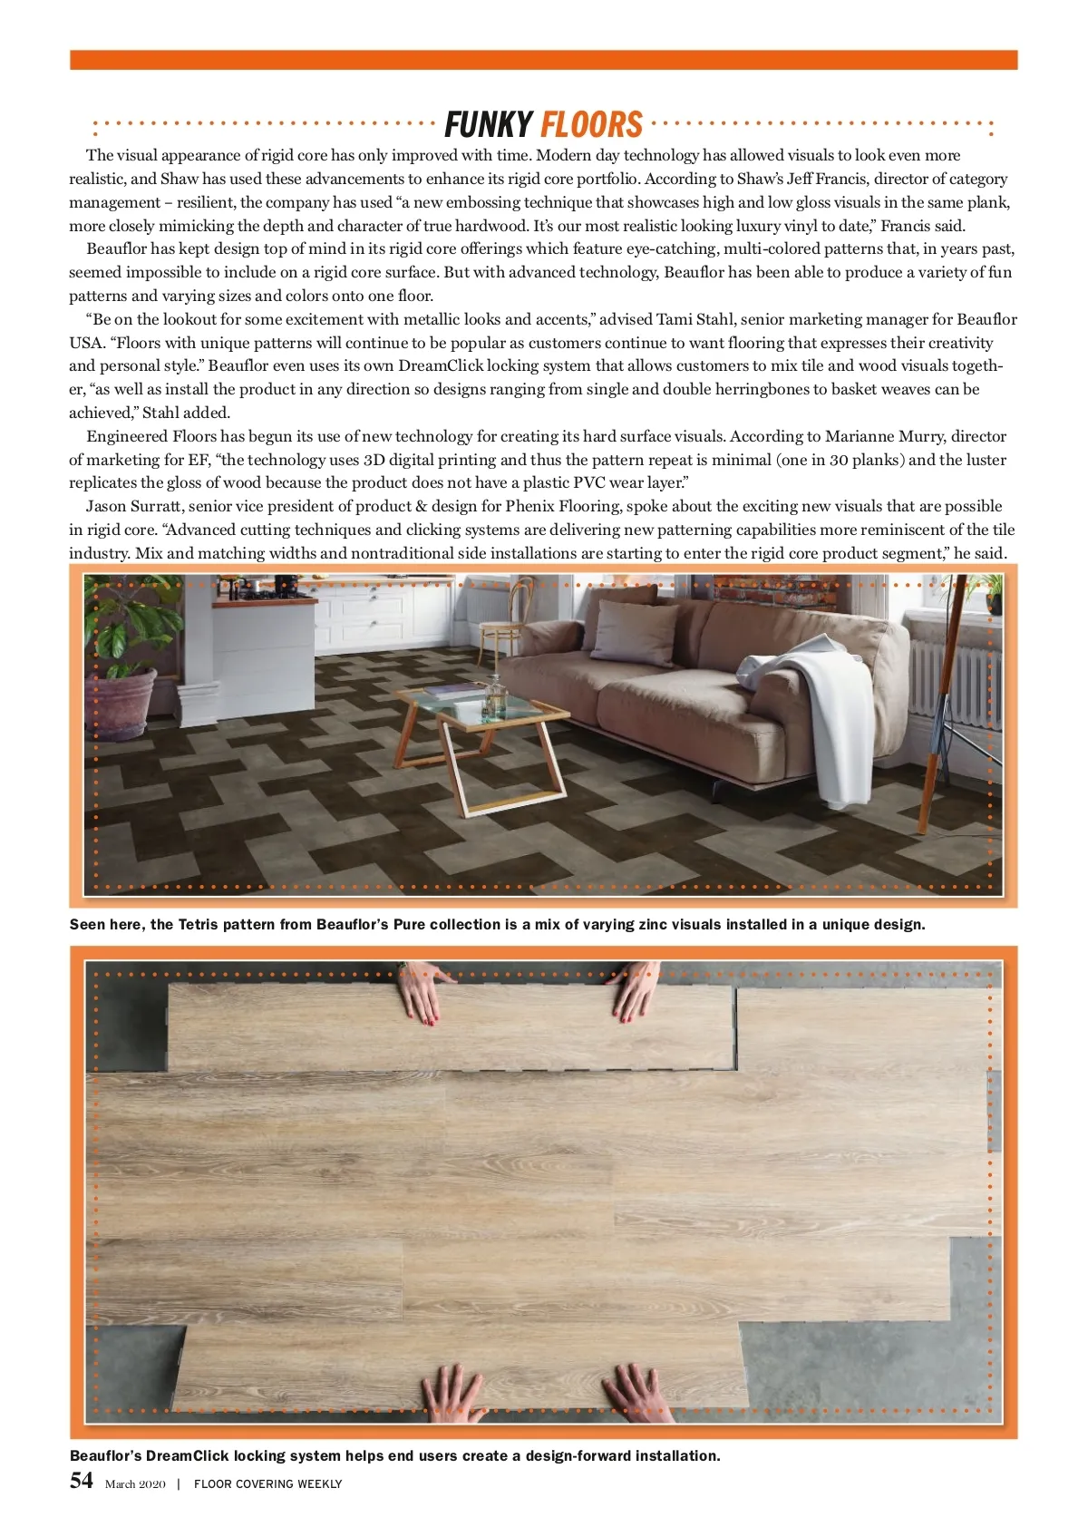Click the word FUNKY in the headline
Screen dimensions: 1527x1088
click(x=488, y=124)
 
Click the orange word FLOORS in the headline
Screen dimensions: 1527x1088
click(x=591, y=124)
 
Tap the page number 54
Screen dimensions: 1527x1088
click(x=81, y=1481)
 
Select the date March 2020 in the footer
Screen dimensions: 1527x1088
click(x=135, y=1484)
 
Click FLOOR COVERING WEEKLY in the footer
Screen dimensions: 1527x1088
click(x=267, y=1484)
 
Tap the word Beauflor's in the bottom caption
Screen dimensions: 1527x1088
click(x=105, y=1456)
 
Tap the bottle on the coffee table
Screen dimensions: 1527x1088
click(x=494, y=698)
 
